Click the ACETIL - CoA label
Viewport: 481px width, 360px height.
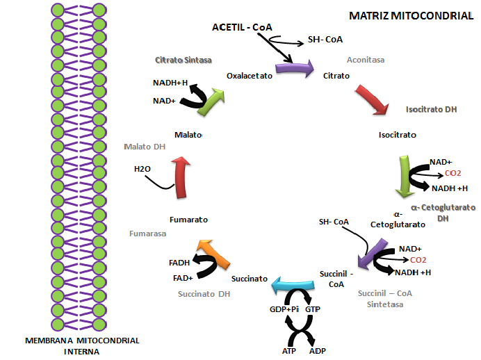click(243, 27)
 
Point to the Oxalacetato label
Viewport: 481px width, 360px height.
click(249, 74)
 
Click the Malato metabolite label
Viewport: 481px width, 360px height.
click(188, 135)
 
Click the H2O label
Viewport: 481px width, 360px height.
click(142, 169)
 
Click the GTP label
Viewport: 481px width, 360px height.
click(313, 307)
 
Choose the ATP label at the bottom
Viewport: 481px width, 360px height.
click(289, 351)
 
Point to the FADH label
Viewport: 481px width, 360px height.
click(179, 263)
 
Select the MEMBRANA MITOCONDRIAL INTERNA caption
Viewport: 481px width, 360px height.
click(82, 345)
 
